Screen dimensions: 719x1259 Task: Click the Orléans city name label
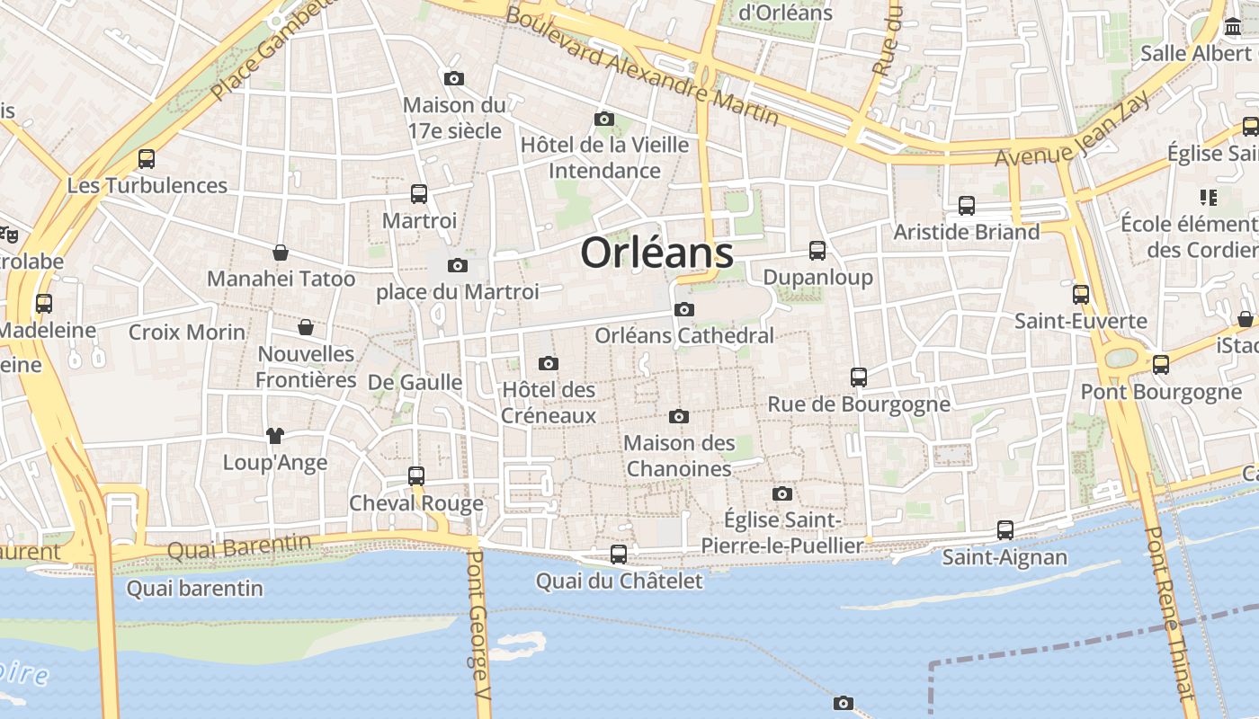656,253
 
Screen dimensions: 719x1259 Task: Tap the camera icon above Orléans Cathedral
684,310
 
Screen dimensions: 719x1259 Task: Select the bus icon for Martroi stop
419,193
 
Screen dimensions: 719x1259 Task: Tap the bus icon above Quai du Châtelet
619,555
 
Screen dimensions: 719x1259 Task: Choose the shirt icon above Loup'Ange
275,436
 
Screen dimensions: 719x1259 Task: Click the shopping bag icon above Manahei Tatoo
281,253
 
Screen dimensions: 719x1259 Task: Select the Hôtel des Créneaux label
549,402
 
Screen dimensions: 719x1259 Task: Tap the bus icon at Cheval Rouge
416,476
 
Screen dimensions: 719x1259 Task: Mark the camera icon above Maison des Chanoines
679,416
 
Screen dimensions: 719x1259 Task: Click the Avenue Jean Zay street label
1061,130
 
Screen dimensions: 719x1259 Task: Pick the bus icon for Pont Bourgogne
1161,365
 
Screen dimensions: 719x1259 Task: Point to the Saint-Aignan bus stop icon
1005,530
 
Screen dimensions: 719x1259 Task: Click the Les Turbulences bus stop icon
147,159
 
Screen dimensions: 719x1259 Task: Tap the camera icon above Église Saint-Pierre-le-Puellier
782,493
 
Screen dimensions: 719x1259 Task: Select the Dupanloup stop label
817,277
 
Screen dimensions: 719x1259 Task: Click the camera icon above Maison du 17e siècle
454,78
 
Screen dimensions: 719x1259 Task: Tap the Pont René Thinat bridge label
1168,611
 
